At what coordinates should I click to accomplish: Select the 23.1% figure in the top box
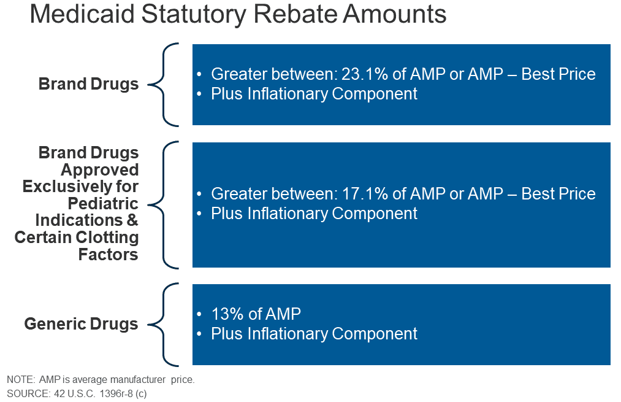point(366,74)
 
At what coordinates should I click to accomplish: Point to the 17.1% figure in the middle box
point(366,194)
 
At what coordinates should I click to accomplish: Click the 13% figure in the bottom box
point(224,314)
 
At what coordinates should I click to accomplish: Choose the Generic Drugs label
point(82,324)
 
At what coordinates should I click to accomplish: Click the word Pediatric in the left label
point(104,203)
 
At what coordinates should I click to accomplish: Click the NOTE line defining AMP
point(101,380)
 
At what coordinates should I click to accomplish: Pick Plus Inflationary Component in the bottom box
point(314,334)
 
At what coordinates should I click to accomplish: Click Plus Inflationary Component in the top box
point(314,94)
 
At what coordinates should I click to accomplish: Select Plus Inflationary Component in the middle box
point(314,214)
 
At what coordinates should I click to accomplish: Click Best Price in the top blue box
point(558,74)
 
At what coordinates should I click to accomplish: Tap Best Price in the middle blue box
point(558,194)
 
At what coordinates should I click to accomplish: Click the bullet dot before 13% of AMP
point(199,315)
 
